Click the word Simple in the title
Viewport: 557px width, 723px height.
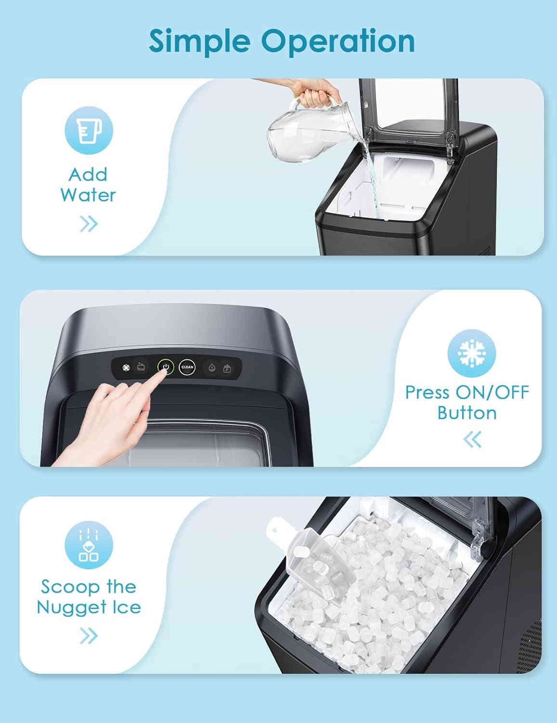199,41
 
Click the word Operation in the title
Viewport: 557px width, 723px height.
338,41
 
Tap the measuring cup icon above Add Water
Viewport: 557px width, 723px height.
89,130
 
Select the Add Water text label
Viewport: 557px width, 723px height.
88,185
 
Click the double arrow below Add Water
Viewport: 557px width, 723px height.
89,224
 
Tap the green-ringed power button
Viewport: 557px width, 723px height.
166,367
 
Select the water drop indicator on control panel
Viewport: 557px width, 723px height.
212,368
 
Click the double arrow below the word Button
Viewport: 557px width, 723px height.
472,439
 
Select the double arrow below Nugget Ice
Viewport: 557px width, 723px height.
89,636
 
